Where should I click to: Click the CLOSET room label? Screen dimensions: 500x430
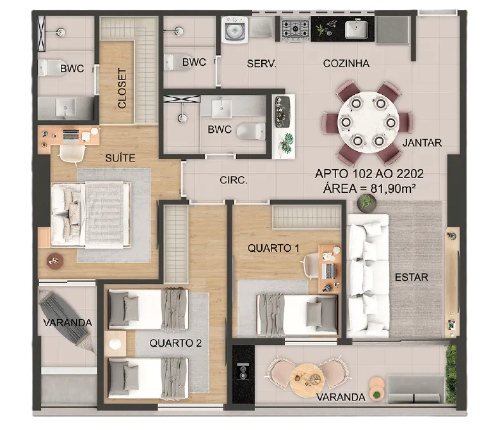122,88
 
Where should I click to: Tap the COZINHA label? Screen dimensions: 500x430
346,63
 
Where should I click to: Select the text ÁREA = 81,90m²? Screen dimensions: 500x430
369,188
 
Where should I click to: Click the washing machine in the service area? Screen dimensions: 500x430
236,29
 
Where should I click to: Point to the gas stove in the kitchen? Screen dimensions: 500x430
295,29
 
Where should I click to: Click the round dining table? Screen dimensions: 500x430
368,122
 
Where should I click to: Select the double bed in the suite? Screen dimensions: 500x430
91,215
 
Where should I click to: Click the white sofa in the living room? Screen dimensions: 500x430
368,276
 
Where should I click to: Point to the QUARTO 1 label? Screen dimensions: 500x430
273,248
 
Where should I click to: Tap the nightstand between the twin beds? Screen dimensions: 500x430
115,343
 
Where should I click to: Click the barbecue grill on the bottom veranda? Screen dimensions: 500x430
243,373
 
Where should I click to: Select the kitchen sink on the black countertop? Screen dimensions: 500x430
356,29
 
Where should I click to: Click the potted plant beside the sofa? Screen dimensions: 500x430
367,203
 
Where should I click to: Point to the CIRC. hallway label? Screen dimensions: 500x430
234,180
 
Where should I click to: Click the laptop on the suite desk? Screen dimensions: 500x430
71,135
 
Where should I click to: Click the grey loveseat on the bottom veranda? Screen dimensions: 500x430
415,389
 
